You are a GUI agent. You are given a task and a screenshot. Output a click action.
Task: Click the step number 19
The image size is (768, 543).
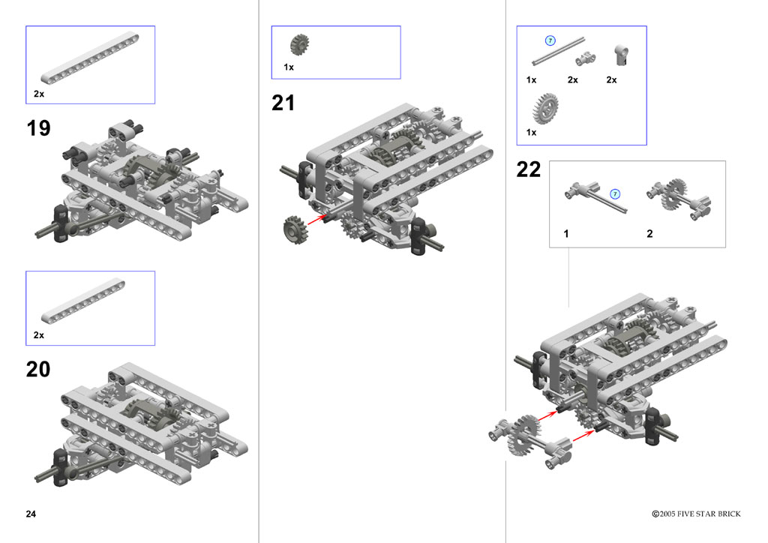tap(39, 128)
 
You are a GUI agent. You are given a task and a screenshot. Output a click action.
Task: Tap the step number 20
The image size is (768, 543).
tap(38, 369)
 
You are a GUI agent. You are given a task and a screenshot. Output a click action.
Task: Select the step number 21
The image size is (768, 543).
tap(283, 103)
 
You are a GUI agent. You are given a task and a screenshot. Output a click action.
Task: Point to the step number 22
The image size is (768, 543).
tap(529, 169)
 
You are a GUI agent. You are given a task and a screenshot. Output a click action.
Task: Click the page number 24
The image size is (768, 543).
tap(31, 514)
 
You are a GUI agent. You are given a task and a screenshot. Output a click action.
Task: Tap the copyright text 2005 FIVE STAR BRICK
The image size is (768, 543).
tap(696, 514)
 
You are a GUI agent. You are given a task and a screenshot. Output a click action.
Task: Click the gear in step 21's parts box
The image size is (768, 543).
tap(299, 44)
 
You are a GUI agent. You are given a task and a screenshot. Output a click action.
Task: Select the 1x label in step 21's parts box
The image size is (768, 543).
tap(289, 67)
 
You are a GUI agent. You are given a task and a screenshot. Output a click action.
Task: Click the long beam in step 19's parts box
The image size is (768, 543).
tap(90, 58)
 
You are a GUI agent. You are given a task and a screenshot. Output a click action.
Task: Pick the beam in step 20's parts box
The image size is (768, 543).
tap(82, 301)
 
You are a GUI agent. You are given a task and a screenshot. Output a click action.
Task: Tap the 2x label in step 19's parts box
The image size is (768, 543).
tap(39, 94)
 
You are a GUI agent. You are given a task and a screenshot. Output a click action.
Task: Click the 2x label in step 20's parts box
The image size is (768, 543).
tap(39, 335)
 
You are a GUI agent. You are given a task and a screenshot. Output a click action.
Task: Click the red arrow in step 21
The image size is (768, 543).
tap(317, 219)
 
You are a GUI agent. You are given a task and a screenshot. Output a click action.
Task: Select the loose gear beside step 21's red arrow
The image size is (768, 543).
tap(295, 230)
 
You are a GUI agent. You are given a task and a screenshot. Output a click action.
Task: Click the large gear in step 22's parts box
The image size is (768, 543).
tap(545, 108)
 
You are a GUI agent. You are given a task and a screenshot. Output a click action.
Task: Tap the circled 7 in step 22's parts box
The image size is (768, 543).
tap(550, 40)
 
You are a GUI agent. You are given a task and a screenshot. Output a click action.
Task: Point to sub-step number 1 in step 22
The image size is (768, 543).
tap(566, 234)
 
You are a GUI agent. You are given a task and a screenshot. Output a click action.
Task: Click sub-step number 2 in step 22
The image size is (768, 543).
tap(649, 234)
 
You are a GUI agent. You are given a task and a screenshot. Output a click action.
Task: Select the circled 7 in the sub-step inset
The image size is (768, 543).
tap(615, 194)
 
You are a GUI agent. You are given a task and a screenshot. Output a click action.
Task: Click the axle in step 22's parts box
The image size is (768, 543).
tap(558, 51)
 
